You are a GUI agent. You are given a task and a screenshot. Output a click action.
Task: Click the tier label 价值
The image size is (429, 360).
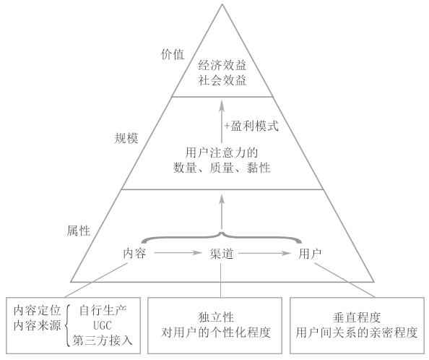[173, 54]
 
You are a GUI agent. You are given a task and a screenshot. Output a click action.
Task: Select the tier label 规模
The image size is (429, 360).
[126, 138]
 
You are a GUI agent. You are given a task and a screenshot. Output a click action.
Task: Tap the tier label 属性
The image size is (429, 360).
[79, 231]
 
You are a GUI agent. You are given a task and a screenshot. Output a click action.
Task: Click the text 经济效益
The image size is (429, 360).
[222, 66]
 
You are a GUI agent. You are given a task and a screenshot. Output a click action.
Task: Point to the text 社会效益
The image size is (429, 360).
[222, 80]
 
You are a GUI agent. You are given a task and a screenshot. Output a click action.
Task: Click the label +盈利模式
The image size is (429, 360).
[251, 127]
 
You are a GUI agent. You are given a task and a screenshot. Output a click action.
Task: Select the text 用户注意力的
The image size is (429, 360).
[222, 153]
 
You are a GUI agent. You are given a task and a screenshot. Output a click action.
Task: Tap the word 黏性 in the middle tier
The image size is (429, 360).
[259, 168]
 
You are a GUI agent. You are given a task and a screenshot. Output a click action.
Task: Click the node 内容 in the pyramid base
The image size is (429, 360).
[134, 254]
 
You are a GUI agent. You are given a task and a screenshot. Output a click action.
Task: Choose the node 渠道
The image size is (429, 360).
[222, 254]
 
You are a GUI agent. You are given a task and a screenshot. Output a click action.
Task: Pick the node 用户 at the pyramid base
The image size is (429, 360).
[310, 254]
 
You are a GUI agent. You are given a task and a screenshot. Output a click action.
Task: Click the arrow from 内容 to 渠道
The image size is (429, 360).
[178, 253]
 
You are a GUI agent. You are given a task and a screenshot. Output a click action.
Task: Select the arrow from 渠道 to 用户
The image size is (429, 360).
[265, 253]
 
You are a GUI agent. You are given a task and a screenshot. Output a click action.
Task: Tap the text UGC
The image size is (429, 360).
[103, 326]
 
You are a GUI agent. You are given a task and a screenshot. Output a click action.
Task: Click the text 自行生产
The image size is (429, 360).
[103, 311]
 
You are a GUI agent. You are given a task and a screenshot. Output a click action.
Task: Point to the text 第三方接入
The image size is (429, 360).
[103, 340]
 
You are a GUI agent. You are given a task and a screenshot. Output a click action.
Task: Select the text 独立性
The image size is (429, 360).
[216, 317]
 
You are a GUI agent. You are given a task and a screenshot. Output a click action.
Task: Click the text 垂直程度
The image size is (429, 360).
[357, 317]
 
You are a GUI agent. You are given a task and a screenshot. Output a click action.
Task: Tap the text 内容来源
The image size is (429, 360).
[38, 326]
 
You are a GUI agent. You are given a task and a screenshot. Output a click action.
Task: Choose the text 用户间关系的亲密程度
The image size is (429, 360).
[357, 333]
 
